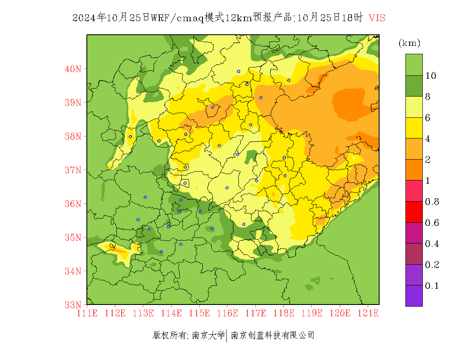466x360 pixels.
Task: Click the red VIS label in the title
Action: (x=377, y=18)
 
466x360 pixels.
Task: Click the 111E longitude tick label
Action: (x=87, y=313)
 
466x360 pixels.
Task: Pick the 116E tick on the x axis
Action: (x=227, y=313)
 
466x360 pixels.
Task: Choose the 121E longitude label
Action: (x=368, y=313)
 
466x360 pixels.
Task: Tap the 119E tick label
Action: (x=311, y=313)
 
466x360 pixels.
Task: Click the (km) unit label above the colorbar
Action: (x=409, y=43)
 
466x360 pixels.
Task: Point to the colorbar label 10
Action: (x=431, y=76)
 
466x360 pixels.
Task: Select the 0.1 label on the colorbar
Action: (x=432, y=286)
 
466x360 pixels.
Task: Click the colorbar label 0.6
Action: (x=432, y=223)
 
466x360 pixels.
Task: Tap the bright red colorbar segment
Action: (x=414, y=212)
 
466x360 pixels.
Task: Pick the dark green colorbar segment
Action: (x=414, y=86)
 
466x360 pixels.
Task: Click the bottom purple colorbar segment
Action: (x=414, y=296)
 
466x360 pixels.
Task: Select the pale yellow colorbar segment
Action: (x=414, y=107)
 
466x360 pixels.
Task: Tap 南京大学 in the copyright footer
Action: (x=208, y=335)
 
